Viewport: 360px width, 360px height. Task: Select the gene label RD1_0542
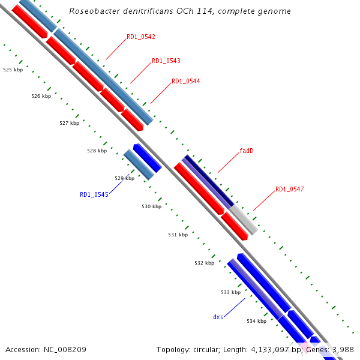[x=141, y=37]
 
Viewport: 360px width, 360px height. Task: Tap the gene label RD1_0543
[x=166, y=61]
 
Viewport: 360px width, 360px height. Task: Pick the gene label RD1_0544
[x=186, y=82]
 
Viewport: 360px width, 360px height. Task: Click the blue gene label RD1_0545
[x=94, y=194]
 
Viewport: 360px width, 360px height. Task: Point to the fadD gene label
[x=247, y=151]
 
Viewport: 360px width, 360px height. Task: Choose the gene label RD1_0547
[x=290, y=190]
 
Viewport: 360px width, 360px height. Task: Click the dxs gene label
[x=218, y=316]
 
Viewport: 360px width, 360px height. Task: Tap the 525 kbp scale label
[x=13, y=70]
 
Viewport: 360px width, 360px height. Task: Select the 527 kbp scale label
[x=69, y=123]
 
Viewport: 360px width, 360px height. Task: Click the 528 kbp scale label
[x=97, y=151]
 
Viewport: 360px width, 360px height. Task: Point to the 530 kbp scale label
[x=152, y=206]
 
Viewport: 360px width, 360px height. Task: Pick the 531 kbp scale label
[x=178, y=235]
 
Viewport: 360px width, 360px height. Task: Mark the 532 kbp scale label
[x=204, y=263]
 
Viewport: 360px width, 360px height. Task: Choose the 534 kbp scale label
[x=256, y=321]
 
